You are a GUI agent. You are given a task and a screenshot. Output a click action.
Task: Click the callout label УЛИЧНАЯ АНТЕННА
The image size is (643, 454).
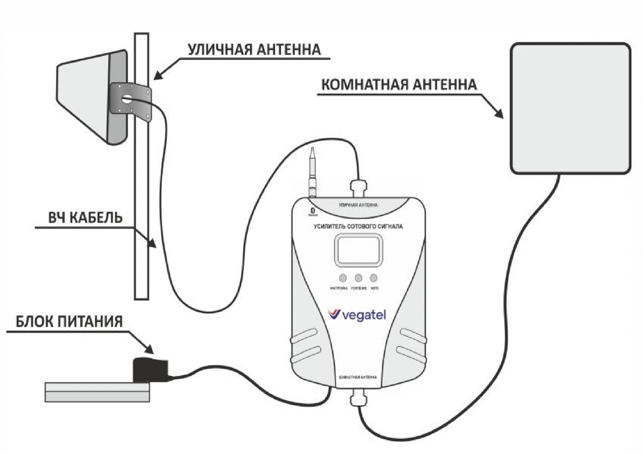254,49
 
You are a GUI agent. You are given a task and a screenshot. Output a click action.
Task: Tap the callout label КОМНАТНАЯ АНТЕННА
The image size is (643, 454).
399,85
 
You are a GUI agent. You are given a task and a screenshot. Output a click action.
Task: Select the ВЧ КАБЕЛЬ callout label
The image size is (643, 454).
85,218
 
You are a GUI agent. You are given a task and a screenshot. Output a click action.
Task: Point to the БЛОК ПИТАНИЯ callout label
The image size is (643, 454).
69,322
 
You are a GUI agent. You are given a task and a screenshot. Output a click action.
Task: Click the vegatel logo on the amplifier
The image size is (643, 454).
357,315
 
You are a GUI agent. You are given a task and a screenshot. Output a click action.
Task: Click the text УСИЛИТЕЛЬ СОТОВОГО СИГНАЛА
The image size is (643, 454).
358,227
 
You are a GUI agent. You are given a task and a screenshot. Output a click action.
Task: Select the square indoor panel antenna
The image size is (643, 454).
570,108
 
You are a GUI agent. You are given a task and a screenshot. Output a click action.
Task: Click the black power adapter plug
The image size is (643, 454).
149,369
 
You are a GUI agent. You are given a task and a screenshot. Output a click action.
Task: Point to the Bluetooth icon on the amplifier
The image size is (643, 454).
313,210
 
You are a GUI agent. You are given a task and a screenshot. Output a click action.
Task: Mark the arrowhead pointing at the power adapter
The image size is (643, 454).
149,349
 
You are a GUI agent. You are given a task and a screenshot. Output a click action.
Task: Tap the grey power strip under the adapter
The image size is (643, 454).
97,392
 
